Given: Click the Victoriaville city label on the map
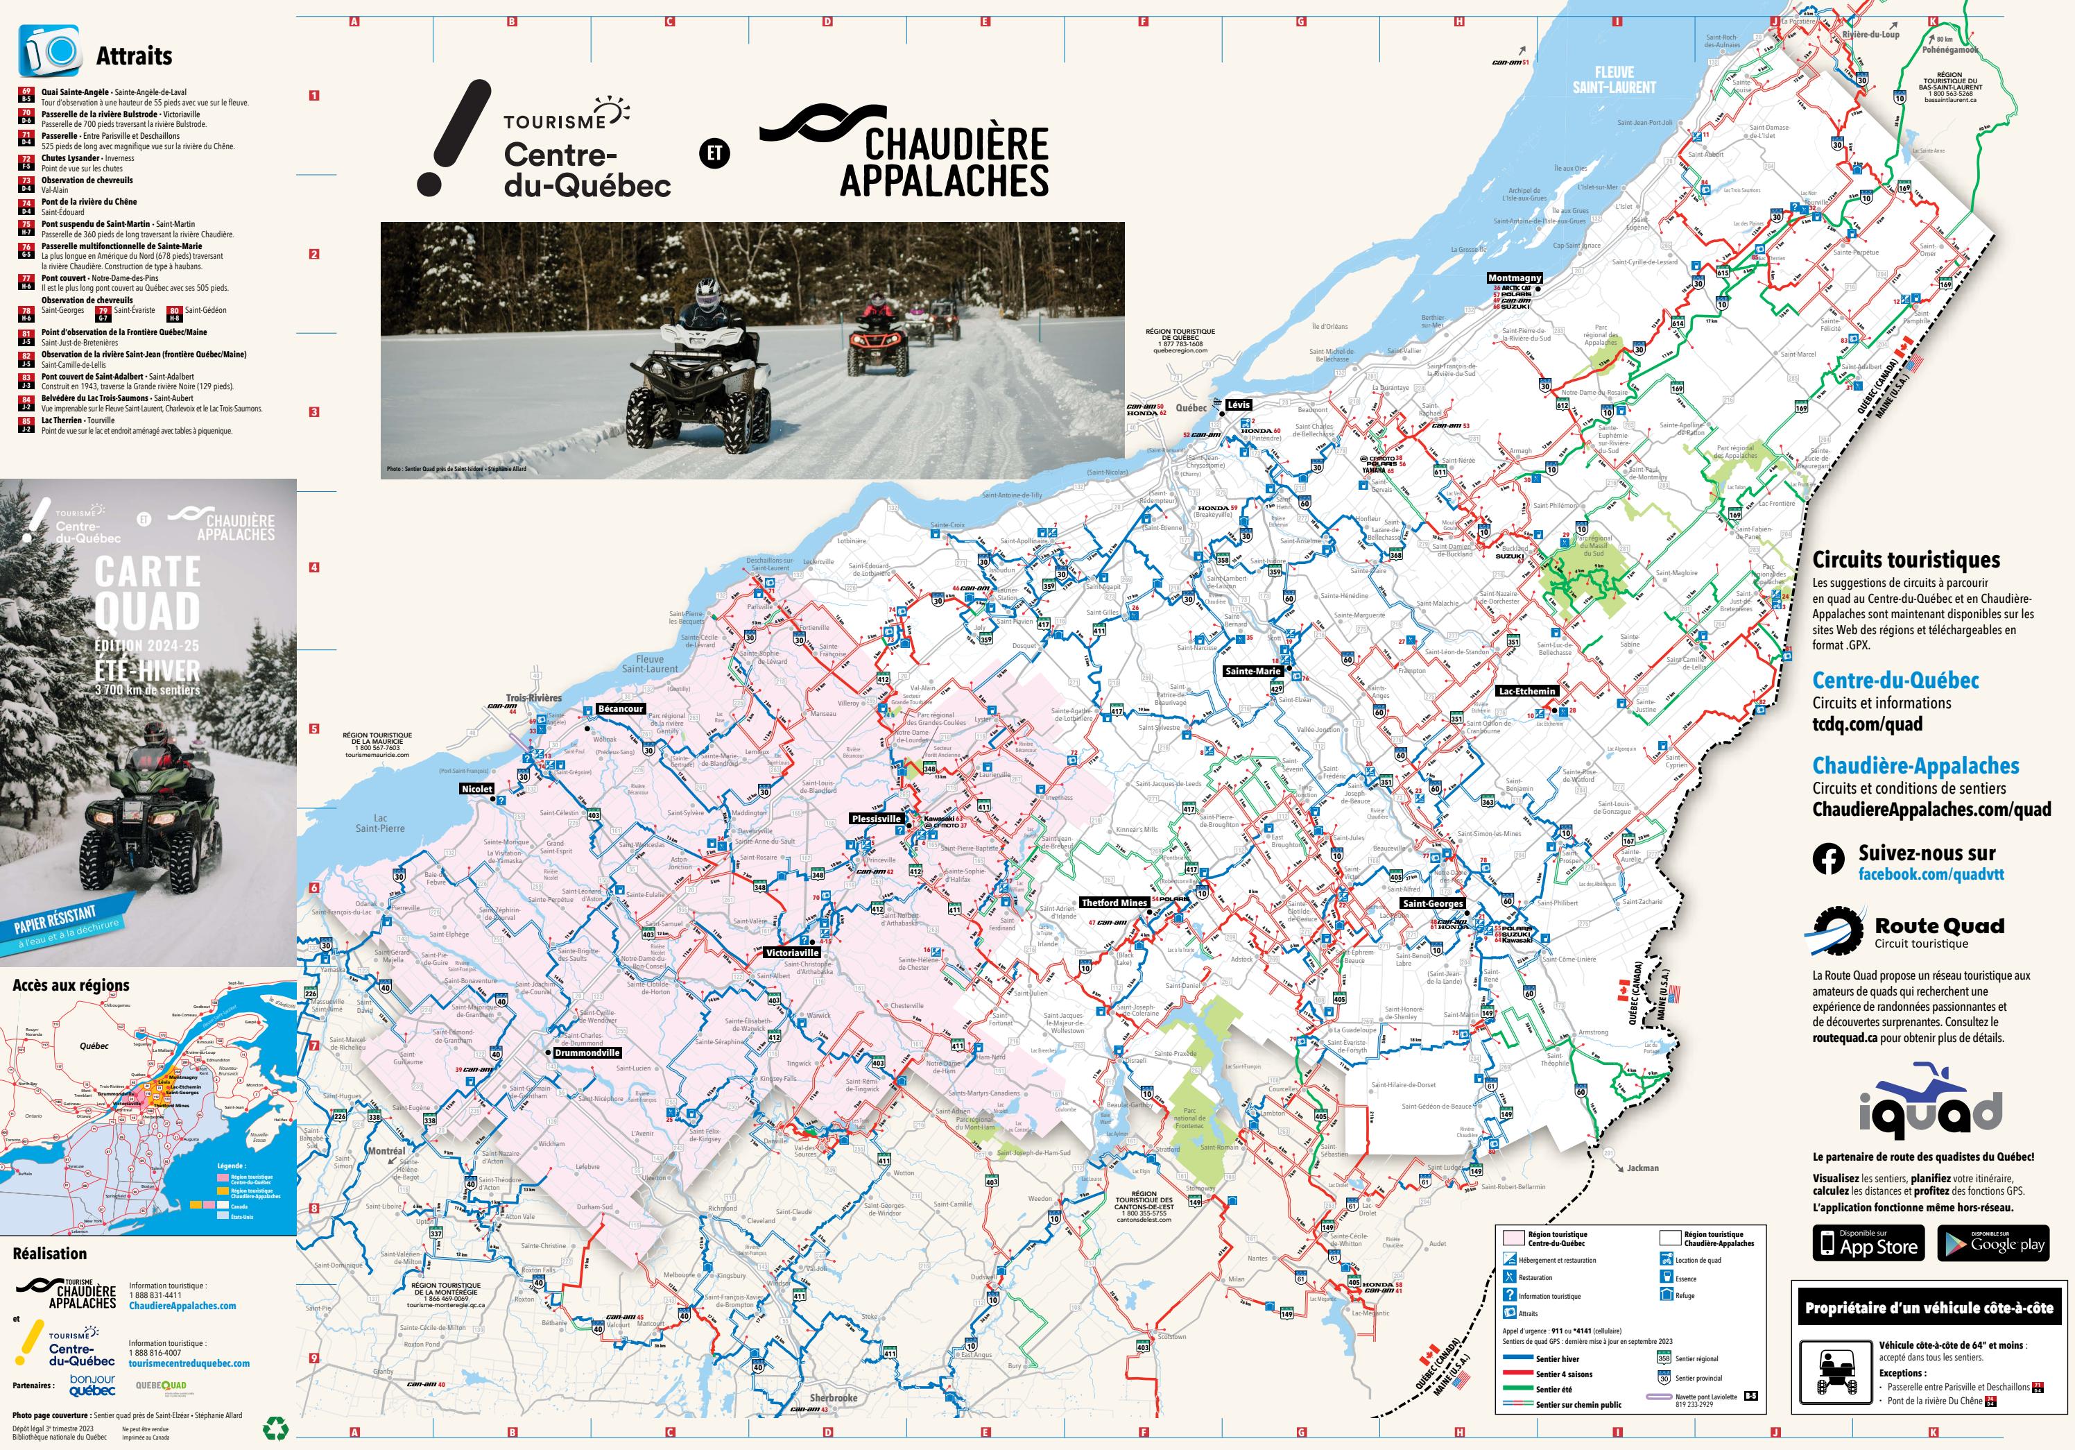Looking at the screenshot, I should [792, 952].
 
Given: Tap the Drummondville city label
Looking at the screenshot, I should [587, 1052].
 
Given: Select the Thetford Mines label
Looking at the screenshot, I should [1113, 902].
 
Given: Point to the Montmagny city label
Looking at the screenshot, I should [1515, 278].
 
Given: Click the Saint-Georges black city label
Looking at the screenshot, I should [1432, 903].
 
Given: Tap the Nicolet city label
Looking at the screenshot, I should [477, 788].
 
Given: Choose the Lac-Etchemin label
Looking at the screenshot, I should [1527, 690].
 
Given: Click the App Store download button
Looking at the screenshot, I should [1868, 1243].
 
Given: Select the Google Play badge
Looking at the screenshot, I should [1992, 1243].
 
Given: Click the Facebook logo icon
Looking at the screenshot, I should [1828, 860].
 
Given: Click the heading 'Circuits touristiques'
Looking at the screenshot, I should [1906, 560].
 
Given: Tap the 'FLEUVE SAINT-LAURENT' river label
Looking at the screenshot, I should [1614, 80].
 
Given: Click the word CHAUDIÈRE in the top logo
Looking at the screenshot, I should [956, 144].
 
